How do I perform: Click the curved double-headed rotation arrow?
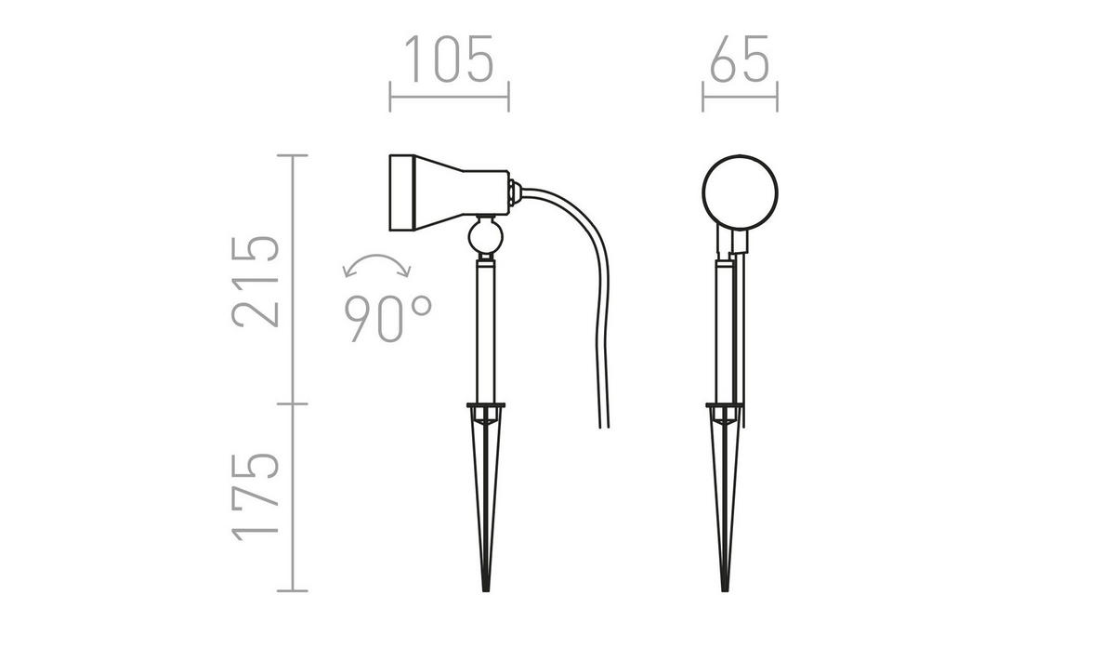(376, 266)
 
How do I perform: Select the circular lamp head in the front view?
(740, 191)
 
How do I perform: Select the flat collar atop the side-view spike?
(484, 405)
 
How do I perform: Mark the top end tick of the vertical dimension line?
(293, 155)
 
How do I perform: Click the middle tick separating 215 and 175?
(293, 403)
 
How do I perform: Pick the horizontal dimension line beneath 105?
(449, 95)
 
